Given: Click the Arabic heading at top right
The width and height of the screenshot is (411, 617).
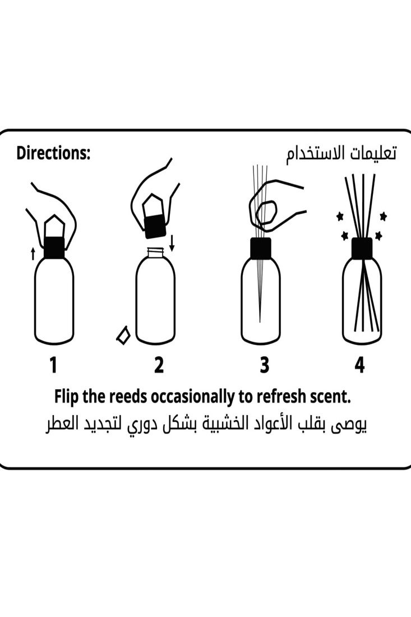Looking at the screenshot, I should (341, 154).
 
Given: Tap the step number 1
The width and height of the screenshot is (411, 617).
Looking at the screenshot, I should (53, 365).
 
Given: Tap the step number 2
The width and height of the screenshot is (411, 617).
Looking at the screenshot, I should (159, 365).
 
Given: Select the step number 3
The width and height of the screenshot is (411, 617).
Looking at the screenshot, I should (264, 365).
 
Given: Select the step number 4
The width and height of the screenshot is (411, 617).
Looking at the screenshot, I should (359, 365).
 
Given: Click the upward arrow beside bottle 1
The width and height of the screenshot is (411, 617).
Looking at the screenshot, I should (33, 253).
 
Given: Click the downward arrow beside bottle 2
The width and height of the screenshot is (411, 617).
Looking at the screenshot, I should (172, 242).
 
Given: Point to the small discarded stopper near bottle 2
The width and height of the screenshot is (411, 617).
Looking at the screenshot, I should (123, 335).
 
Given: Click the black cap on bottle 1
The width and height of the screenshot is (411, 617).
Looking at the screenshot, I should (54, 247).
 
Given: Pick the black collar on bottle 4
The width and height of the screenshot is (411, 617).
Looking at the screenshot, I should (362, 248).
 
